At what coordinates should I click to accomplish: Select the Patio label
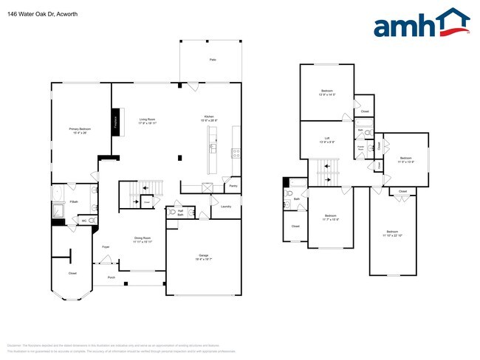click(212, 59)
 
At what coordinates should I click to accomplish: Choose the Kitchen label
click(209, 119)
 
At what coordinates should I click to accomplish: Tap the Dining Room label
click(143, 239)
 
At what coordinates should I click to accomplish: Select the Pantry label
click(233, 187)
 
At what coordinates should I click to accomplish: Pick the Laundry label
click(227, 207)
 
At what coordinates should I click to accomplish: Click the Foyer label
click(106, 246)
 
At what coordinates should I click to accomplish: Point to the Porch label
click(112, 277)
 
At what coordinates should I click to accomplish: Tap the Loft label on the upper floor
click(326, 139)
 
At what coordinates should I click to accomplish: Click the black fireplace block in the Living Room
click(116, 123)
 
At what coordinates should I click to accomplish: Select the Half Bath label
click(179, 212)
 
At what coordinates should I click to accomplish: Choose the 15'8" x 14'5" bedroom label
click(326, 94)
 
